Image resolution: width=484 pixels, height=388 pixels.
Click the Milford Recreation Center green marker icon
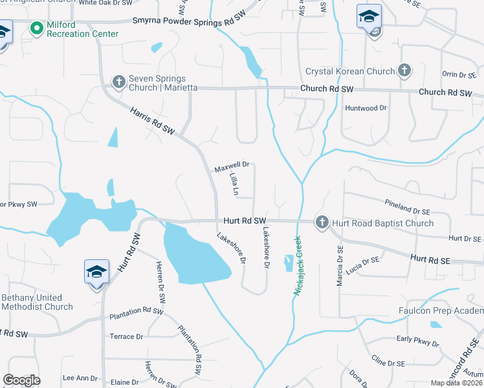tap(37, 28)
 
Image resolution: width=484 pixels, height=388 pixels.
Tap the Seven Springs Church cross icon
tap(118, 81)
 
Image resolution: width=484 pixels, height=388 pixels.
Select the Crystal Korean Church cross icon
tap(404, 70)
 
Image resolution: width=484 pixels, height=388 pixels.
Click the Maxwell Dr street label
tap(232, 166)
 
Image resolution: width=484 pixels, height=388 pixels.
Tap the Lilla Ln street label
tap(235, 184)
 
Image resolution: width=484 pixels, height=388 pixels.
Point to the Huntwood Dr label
tap(366, 108)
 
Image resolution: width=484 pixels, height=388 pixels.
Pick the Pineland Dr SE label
tap(408, 206)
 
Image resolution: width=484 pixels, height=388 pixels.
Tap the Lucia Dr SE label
tap(362, 264)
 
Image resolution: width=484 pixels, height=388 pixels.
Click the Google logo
tap(22, 380)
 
